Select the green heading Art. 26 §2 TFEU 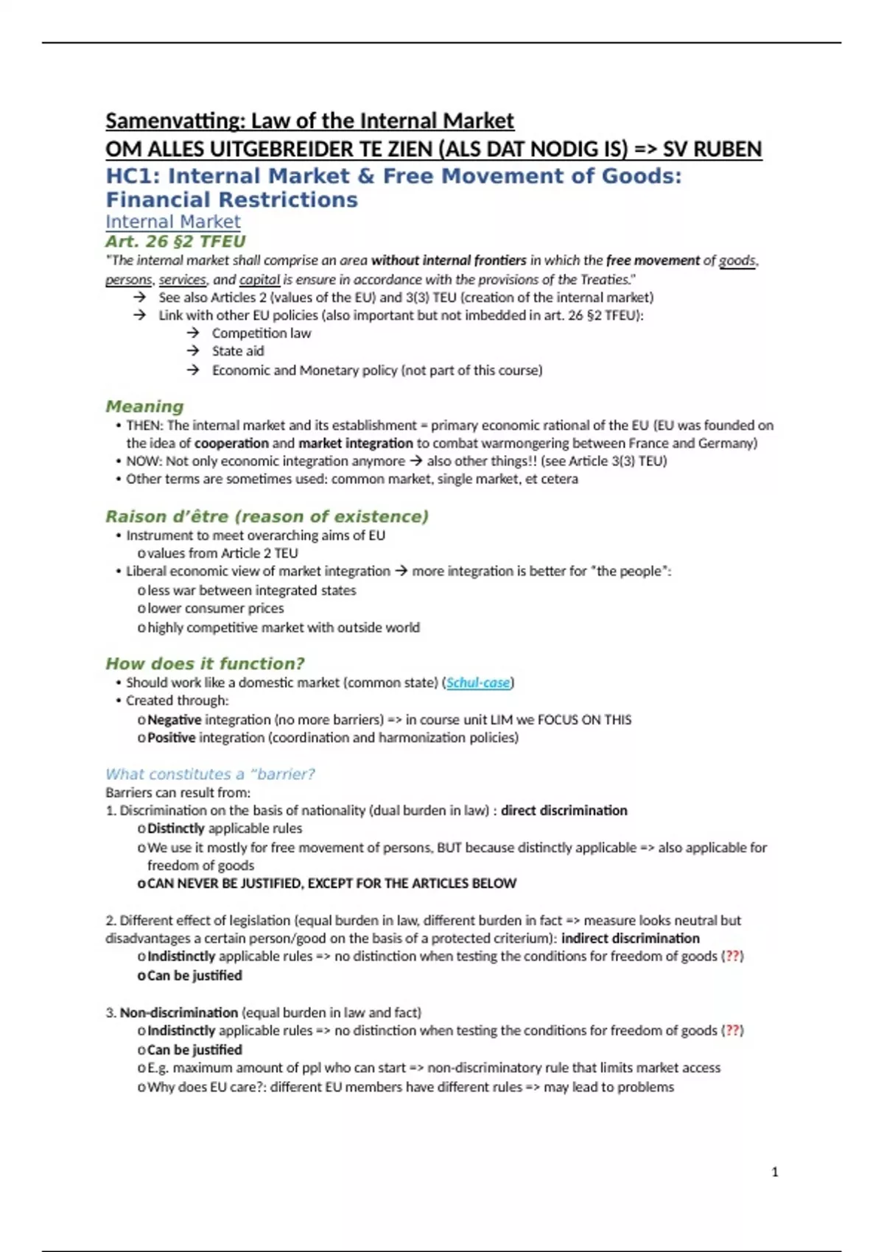[175, 242]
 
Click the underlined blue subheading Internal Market [172, 222]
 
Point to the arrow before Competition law [193, 333]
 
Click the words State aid [237, 351]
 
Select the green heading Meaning [144, 407]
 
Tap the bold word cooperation [231, 443]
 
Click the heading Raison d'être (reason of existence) [267, 516]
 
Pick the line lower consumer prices [215, 608]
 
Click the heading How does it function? [205, 664]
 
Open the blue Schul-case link [478, 683]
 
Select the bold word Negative [174, 720]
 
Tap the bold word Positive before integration [171, 738]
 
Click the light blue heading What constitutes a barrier [210, 774]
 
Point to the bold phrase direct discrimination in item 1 [564, 811]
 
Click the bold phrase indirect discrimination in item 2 [630, 938]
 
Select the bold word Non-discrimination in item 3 [178, 1013]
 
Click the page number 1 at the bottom [774, 1172]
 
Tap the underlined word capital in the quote [259, 280]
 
